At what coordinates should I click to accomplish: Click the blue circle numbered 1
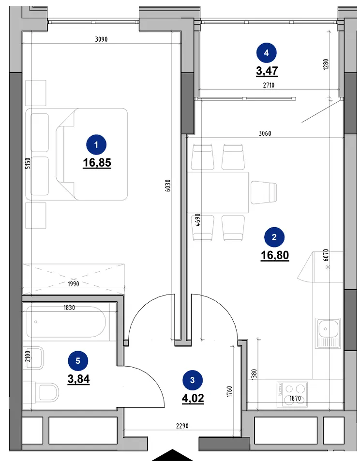[x=96, y=145]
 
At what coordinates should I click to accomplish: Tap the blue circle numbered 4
[x=266, y=53]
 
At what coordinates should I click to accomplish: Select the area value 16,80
[x=275, y=255]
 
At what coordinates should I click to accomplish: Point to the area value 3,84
[x=78, y=379]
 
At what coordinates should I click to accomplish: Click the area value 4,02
[x=193, y=398]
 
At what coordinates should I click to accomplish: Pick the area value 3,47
[x=267, y=71]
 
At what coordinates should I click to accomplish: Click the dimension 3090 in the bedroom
[x=101, y=39]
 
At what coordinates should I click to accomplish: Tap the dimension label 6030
[x=168, y=186]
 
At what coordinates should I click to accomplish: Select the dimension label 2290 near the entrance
[x=182, y=426]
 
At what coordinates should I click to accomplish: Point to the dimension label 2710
[x=269, y=85]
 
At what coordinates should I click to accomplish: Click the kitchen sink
[x=328, y=333]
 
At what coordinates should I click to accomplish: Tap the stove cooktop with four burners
[x=292, y=394]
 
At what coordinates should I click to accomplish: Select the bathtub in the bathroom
[x=66, y=322]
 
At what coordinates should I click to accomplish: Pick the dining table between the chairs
[x=218, y=192]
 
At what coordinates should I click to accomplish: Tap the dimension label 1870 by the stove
[x=295, y=398]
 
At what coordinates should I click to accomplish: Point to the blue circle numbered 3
[x=192, y=380]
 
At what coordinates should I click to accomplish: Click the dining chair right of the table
[x=264, y=193]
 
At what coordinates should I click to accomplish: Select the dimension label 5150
[x=28, y=163]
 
